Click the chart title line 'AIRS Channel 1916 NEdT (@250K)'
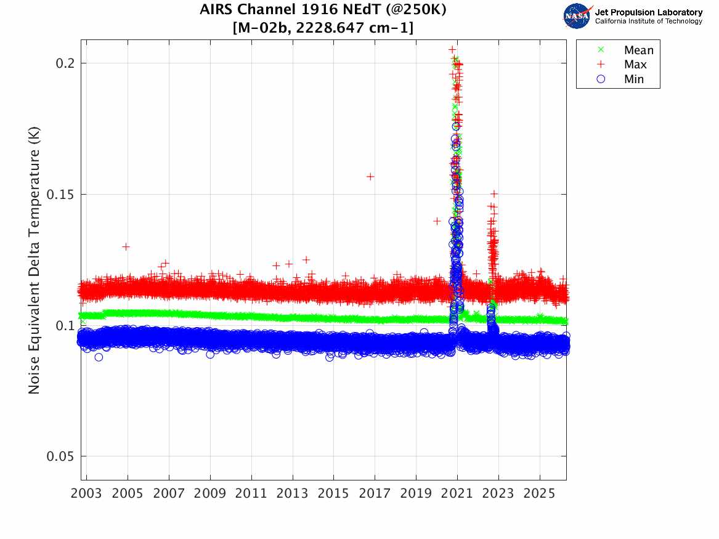point(323,10)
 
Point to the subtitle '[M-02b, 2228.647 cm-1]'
point(323,28)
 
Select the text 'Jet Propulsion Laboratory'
point(648,12)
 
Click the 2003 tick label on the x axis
point(87,494)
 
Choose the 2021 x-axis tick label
point(457,494)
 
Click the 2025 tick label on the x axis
point(540,494)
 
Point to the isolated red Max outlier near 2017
point(370,176)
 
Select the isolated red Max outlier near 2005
point(126,246)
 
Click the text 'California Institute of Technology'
point(648,22)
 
